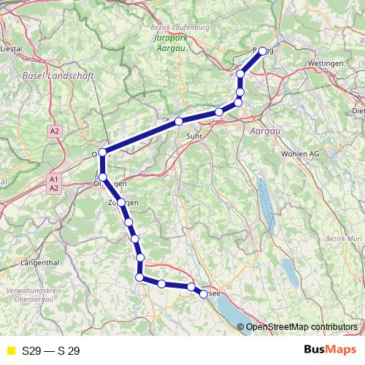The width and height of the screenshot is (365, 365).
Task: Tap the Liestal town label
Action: [x=12, y=50]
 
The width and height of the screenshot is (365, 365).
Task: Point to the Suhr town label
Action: [x=194, y=134]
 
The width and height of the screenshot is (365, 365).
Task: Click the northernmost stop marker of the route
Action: [x=263, y=51]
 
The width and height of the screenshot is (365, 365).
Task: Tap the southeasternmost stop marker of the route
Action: [x=203, y=293]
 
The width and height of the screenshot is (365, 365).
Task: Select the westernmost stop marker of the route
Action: [x=103, y=152]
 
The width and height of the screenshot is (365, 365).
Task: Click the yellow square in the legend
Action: [x=10, y=351]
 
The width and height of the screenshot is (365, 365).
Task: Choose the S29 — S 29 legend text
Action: [x=51, y=351]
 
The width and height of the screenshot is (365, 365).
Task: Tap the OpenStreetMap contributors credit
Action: [x=301, y=326]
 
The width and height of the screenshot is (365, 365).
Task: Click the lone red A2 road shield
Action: [x=54, y=131]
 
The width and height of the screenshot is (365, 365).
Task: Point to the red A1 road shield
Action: [x=54, y=179]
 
